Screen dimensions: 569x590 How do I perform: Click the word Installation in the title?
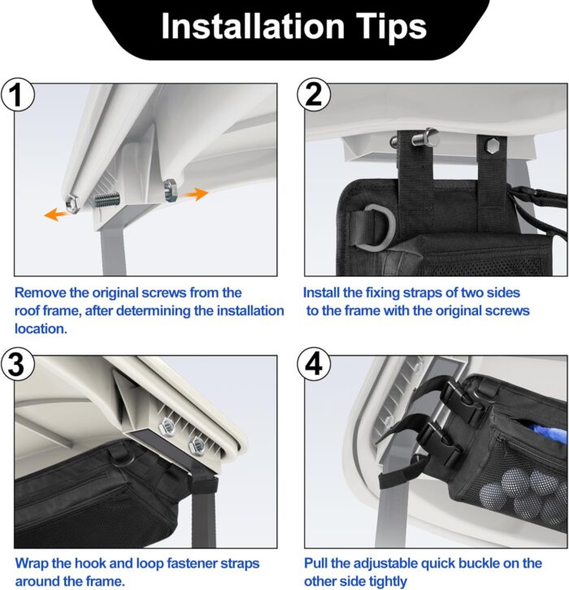253,26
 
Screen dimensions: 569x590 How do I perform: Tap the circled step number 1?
17,94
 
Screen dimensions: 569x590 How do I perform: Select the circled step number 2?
314,94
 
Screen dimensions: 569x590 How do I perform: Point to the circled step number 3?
17,365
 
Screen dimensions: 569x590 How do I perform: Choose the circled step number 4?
314,364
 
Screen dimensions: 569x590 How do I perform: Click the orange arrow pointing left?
57,214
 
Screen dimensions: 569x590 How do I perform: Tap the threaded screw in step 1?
106,199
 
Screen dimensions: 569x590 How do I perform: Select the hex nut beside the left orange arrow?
72,202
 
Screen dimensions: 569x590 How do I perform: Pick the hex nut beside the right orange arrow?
170,190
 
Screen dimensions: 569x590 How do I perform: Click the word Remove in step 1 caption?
40,293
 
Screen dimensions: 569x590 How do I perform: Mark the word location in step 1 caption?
41,329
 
